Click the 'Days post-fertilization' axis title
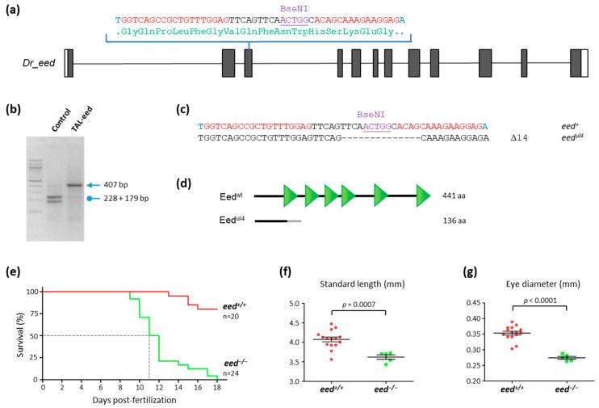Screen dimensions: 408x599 tap(130, 402)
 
